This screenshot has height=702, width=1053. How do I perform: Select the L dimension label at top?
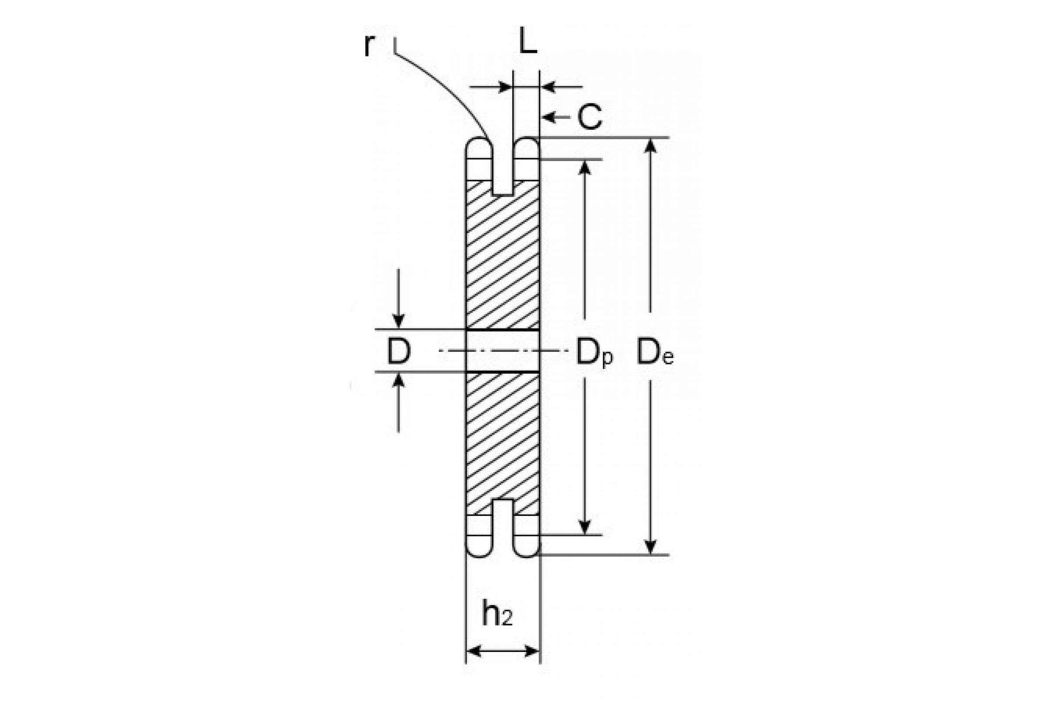pos(528,41)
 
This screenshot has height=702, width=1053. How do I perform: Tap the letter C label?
pos(590,117)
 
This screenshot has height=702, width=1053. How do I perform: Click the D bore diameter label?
pos(398,351)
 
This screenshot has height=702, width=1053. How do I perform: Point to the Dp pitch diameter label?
pos(594,353)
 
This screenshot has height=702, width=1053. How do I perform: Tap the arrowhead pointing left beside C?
pos(548,117)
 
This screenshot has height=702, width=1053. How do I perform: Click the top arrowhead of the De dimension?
pos(651,146)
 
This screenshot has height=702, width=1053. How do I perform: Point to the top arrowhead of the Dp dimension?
pos(585,167)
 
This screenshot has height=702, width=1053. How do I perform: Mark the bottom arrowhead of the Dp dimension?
pos(585,527)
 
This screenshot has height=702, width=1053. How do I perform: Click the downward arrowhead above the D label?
pos(398,321)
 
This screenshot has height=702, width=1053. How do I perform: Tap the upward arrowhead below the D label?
pos(398,380)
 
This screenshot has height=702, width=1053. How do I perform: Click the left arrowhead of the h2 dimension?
pos(474,651)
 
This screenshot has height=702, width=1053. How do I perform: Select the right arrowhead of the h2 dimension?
pos(531,651)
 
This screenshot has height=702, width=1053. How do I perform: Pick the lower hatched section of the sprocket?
pos(502,441)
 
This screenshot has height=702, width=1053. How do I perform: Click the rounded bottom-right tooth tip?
pos(526,546)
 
